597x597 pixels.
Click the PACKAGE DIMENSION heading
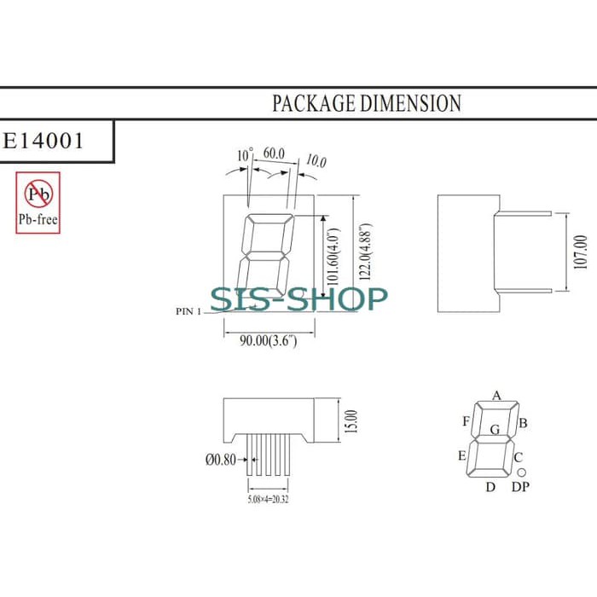click(366, 103)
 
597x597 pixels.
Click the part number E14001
click(44, 141)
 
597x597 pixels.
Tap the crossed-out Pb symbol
click(38, 194)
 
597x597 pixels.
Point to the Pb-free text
click(38, 219)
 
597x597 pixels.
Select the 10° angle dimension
click(245, 155)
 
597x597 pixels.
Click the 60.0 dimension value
click(274, 154)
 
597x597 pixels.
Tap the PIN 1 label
click(188, 311)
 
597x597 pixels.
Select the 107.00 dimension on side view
click(581, 253)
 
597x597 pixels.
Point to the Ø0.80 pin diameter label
click(221, 460)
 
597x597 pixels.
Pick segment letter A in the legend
click(496, 395)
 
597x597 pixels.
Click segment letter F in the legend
click(466, 421)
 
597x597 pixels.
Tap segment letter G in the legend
click(494, 429)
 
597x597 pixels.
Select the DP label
click(519, 487)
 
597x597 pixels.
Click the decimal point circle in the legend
click(521, 472)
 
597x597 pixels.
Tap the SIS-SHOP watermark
click(298, 298)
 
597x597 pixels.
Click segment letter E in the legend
click(462, 455)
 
